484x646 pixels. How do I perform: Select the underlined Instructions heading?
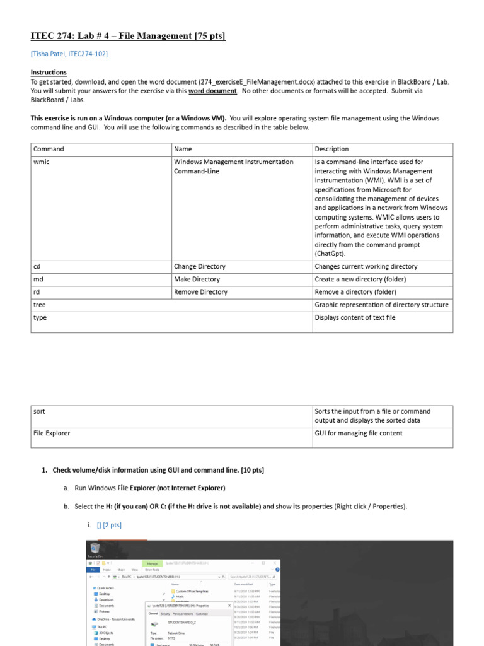[x=49, y=73]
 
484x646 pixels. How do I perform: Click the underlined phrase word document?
[x=212, y=91]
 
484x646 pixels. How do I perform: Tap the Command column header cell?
[x=49, y=150]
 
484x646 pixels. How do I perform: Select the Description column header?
[x=331, y=150]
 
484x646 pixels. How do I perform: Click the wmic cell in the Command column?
[x=41, y=162]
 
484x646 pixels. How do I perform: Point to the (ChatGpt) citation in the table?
[x=331, y=254]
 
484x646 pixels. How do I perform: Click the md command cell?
[x=38, y=279]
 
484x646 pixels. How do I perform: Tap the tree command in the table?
[x=40, y=305]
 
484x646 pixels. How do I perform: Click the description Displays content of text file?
[x=355, y=317]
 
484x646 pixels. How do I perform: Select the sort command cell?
[x=39, y=411]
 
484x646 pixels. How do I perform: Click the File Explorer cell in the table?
[x=52, y=433]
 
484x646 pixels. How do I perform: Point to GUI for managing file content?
[x=358, y=433]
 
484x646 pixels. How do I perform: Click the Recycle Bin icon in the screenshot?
[x=95, y=549]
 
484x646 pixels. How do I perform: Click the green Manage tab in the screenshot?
[x=152, y=563]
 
